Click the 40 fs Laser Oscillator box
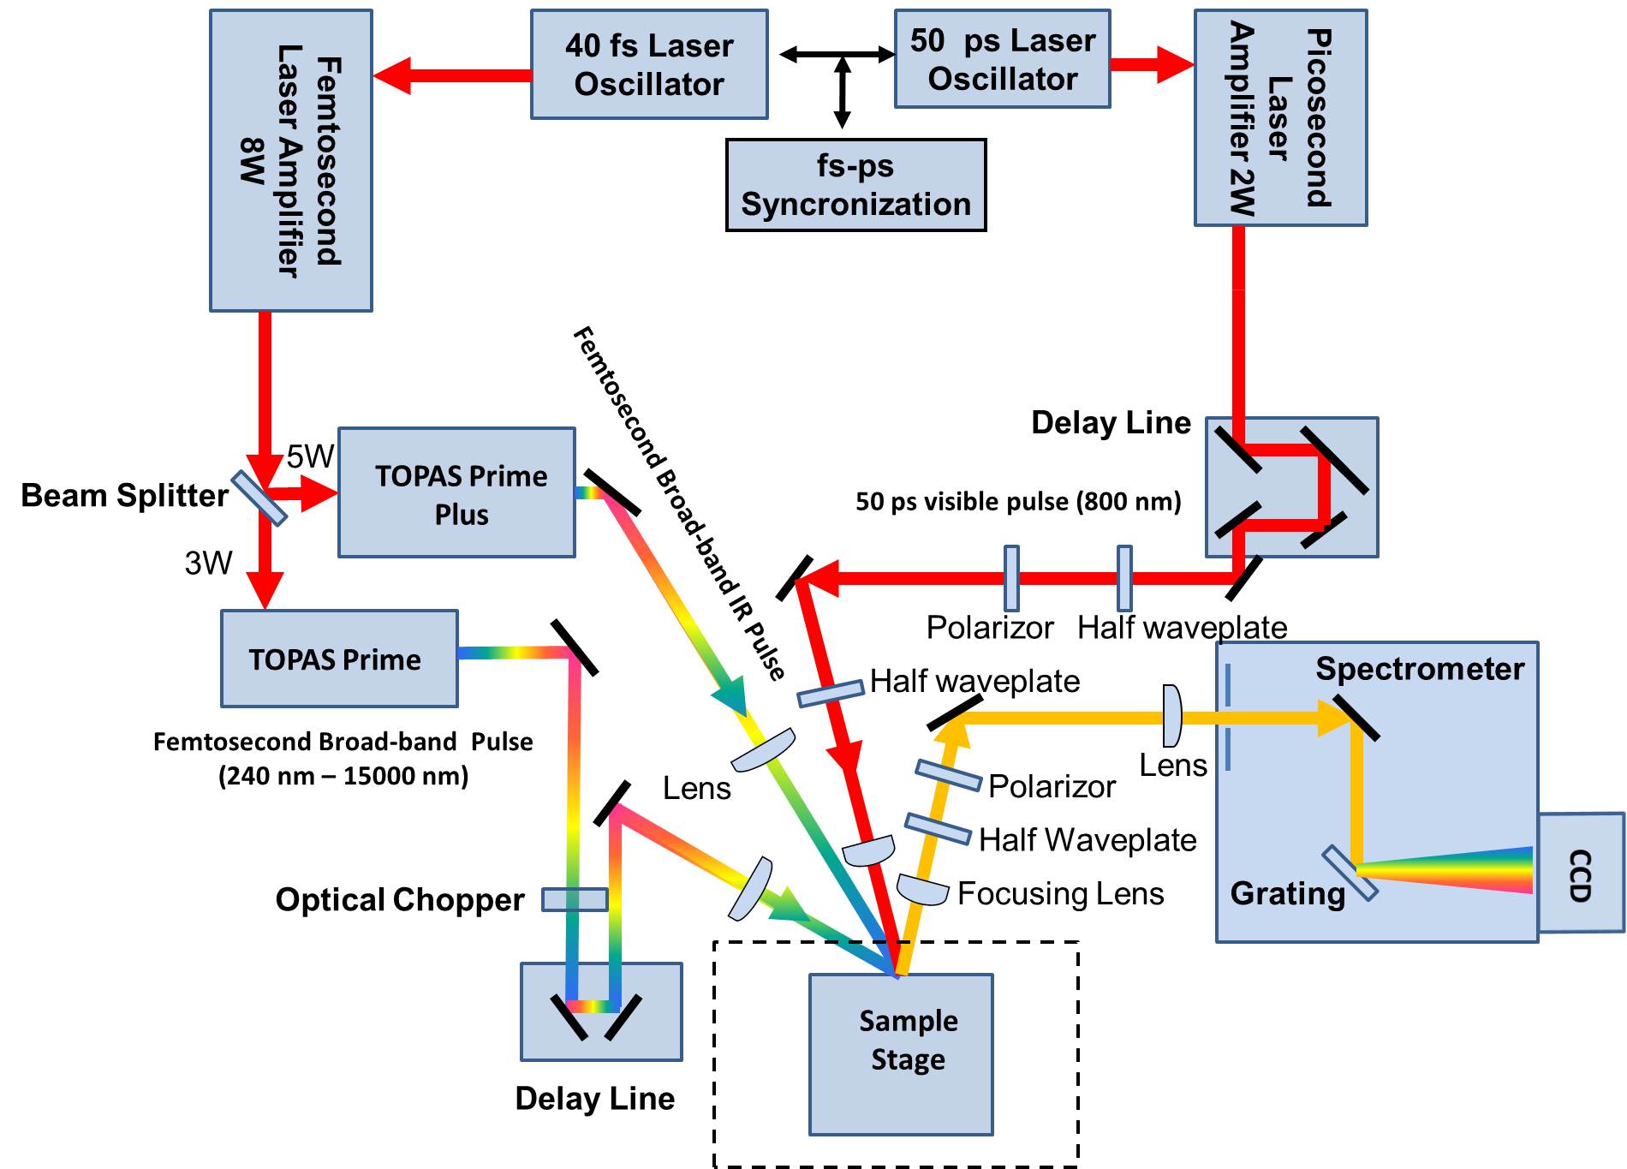pyautogui.click(x=649, y=64)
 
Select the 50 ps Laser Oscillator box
pyautogui.click(x=1002, y=59)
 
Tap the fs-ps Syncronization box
pyautogui.click(x=855, y=185)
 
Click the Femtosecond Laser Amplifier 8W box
pyautogui.click(x=291, y=161)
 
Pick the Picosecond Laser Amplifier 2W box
pyautogui.click(x=1280, y=118)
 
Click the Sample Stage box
pyautogui.click(x=901, y=1054)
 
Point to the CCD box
pyautogui.click(x=1581, y=873)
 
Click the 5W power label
pyautogui.click(x=310, y=456)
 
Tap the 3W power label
pyautogui.click(x=209, y=563)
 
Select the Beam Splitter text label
pyautogui.click(x=125, y=496)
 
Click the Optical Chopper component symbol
pyautogui.click(x=575, y=899)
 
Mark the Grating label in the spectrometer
pyautogui.click(x=1287, y=893)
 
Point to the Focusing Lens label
pyautogui.click(x=1060, y=893)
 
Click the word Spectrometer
pyautogui.click(x=1419, y=669)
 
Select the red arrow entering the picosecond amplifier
pyautogui.click(x=1152, y=64)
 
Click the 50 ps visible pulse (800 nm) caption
pyautogui.click(x=1018, y=501)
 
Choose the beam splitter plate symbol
pyautogui.click(x=259, y=498)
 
